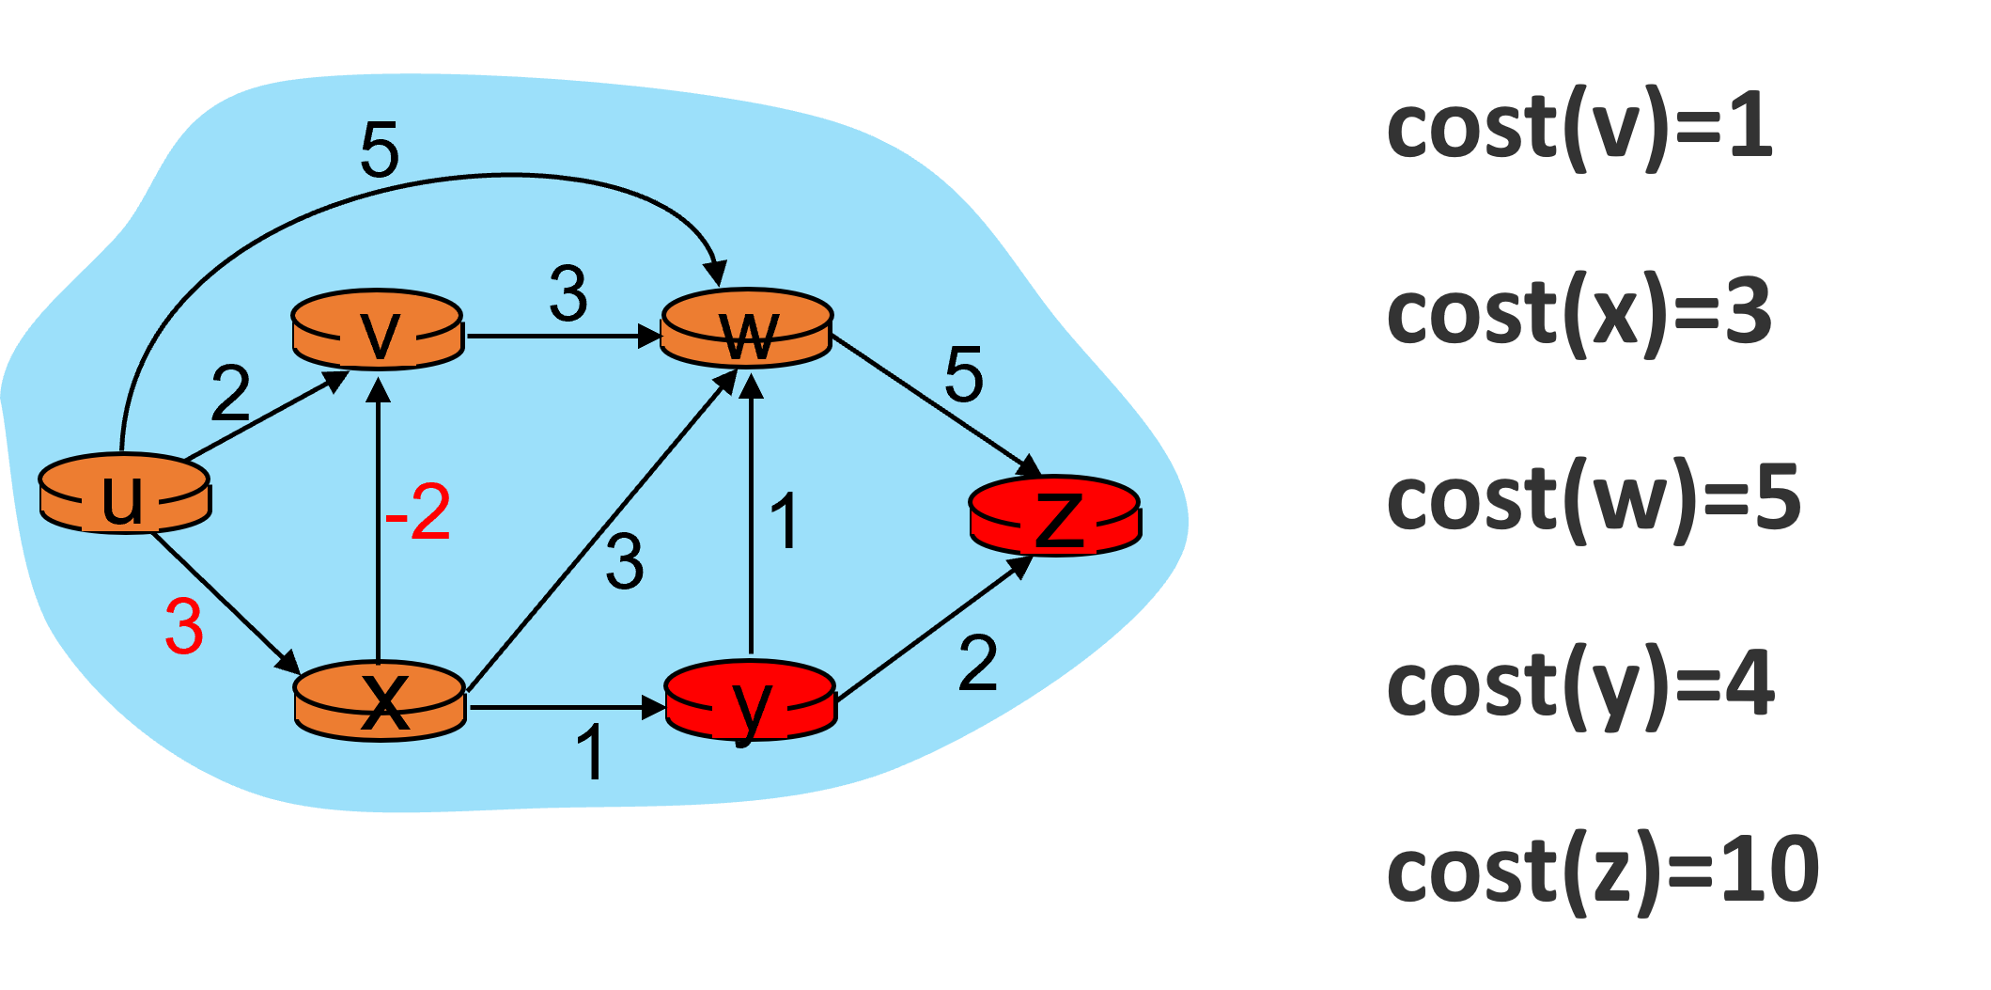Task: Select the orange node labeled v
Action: tap(378, 330)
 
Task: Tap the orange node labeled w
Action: tap(747, 329)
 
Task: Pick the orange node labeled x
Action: tap(380, 701)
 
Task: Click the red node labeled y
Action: tap(750, 701)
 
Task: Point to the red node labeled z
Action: tap(1055, 516)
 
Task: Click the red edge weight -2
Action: tap(419, 512)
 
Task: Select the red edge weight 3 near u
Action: tap(184, 627)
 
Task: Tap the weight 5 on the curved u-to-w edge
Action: tap(380, 149)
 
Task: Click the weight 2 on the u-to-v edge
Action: tap(230, 393)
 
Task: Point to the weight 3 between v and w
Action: tap(568, 294)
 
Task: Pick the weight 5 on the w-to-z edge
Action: tap(964, 375)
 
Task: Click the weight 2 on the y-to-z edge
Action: tap(977, 664)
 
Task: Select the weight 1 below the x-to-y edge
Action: tap(590, 753)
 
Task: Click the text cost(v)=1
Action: tap(1579, 130)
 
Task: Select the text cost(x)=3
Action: tap(1579, 314)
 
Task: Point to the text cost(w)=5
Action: tap(1593, 499)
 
